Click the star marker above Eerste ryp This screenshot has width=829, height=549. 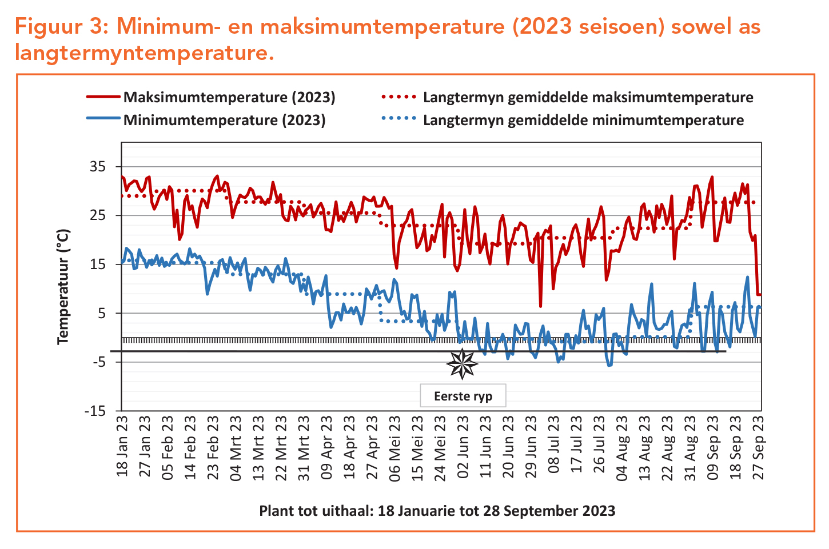tap(462, 364)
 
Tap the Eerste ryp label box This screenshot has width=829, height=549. tap(463, 396)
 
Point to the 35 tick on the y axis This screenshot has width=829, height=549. tap(98, 167)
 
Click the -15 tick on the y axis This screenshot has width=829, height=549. tap(95, 411)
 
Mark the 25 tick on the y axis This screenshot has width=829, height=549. tap(98, 215)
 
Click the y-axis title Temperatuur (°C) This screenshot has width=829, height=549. tap(63, 287)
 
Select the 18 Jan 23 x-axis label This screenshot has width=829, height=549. tap(122, 447)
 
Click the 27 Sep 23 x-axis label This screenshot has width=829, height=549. tap(759, 447)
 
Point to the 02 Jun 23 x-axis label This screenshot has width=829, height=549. tap(463, 447)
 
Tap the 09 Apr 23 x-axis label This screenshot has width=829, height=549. tap(326, 447)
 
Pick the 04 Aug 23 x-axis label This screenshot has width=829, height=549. tap(622, 447)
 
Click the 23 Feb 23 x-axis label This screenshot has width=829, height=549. tap(213, 447)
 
